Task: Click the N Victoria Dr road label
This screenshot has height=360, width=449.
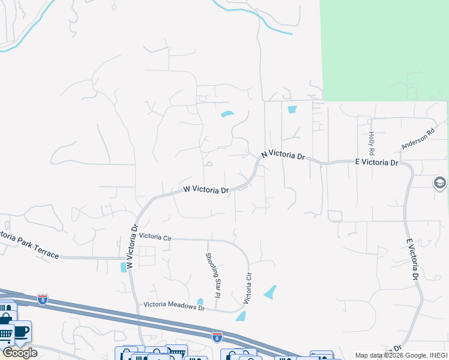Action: pyautogui.click(x=283, y=155)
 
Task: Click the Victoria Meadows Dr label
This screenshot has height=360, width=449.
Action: pyautogui.click(x=174, y=306)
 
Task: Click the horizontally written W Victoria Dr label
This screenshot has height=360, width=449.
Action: pyautogui.click(x=206, y=190)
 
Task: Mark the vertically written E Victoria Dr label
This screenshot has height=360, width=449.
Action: pyautogui.click(x=412, y=259)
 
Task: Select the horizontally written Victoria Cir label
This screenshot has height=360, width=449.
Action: pyautogui.click(x=155, y=237)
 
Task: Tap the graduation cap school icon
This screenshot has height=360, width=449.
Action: pyautogui.click(x=439, y=183)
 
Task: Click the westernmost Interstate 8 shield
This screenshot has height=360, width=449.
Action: pyautogui.click(x=42, y=298)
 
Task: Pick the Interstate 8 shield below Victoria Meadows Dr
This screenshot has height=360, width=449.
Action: pyautogui.click(x=217, y=337)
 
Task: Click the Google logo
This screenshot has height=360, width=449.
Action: pyautogui.click(x=20, y=353)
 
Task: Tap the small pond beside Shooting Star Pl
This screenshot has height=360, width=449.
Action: pyautogui.click(x=200, y=302)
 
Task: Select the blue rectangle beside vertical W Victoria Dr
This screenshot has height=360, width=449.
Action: pyautogui.click(x=124, y=266)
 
